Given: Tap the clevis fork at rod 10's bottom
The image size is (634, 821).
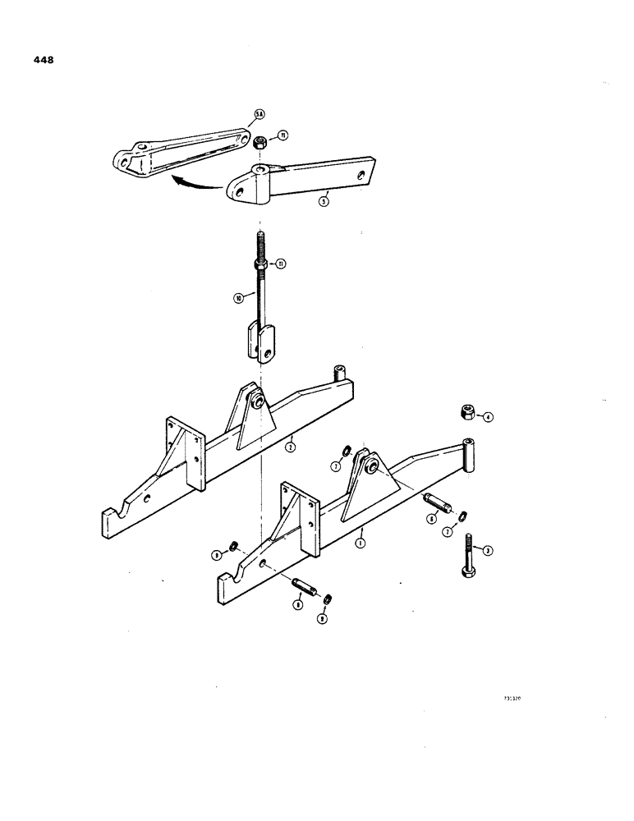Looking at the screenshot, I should tap(262, 343).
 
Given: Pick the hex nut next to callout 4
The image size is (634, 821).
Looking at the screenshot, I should tap(465, 410).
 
